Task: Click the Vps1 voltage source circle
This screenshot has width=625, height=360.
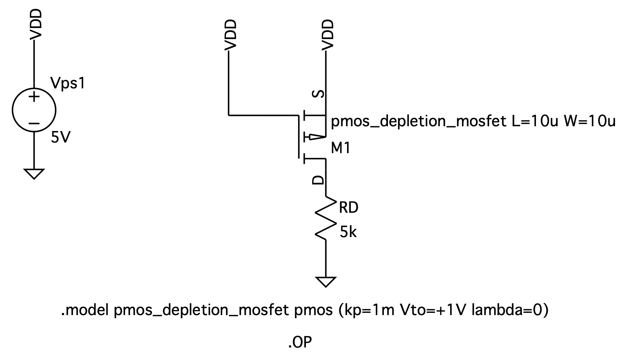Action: coord(34,110)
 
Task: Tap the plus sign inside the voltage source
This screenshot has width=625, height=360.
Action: coord(34,98)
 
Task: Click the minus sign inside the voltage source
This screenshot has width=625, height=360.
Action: coord(34,124)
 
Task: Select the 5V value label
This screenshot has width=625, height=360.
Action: coord(60,138)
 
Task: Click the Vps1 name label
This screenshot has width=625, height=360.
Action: coord(68,84)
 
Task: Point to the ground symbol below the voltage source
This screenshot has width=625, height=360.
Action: coord(34,173)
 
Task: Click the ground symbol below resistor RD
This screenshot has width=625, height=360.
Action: coord(326,282)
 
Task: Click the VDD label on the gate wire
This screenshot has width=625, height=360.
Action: coord(230,35)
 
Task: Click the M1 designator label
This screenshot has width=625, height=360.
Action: coord(340,148)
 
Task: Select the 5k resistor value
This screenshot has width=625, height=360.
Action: coord(348,232)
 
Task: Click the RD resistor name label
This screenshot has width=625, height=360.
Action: coord(348,208)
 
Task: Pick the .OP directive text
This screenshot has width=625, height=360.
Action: coord(300,343)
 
